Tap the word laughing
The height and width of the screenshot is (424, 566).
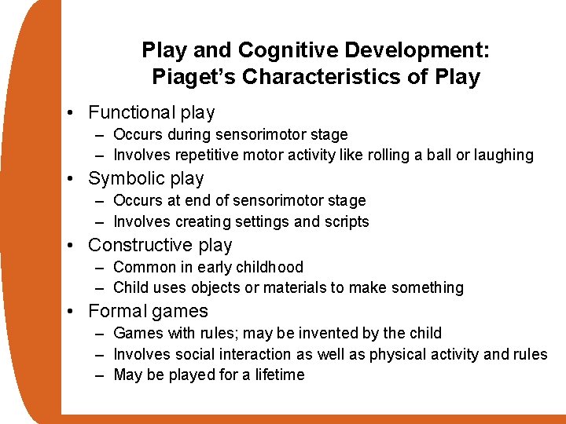503,155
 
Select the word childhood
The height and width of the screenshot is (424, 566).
270,267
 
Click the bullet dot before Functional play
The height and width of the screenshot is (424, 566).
72,113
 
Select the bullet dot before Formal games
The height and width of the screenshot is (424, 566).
72,312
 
